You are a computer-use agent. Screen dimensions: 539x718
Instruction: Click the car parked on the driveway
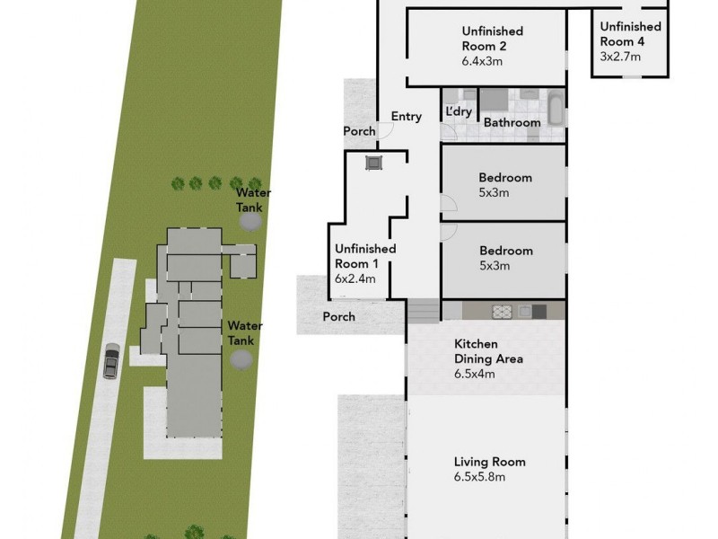pyautogui.click(x=110, y=361)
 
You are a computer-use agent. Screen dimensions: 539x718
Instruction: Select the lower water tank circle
pyautogui.click(x=241, y=359)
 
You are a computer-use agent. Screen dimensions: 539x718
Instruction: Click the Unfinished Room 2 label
pyautogui.click(x=492, y=39)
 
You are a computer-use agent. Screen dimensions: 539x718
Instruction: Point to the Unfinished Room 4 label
pyautogui.click(x=630, y=33)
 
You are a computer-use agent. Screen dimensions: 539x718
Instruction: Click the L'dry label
pyautogui.click(x=459, y=111)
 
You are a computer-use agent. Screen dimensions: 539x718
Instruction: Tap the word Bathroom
pyautogui.click(x=512, y=122)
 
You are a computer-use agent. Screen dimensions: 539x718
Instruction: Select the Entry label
pyautogui.click(x=406, y=116)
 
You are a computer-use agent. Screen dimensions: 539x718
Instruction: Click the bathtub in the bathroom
pyautogui.click(x=556, y=111)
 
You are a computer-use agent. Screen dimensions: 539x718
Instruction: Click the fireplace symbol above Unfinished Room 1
pyautogui.click(x=373, y=163)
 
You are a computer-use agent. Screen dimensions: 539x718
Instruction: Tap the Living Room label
pyautogui.click(x=489, y=462)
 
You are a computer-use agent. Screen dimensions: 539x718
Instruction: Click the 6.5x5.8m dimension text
pyautogui.click(x=479, y=477)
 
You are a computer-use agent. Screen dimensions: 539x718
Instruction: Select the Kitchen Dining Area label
pyautogui.click(x=488, y=351)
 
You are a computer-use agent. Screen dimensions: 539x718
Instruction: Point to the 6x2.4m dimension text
pyautogui.click(x=355, y=278)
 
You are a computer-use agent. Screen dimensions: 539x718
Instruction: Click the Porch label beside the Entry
pyautogui.click(x=359, y=131)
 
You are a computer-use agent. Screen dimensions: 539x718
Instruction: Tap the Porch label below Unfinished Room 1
pyautogui.click(x=338, y=316)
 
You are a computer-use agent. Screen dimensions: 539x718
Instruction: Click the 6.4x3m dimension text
pyautogui.click(x=482, y=62)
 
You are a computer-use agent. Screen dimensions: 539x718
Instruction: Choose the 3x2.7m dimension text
pyautogui.click(x=620, y=56)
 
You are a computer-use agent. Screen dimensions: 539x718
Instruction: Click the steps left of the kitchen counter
pyautogui.click(x=425, y=311)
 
